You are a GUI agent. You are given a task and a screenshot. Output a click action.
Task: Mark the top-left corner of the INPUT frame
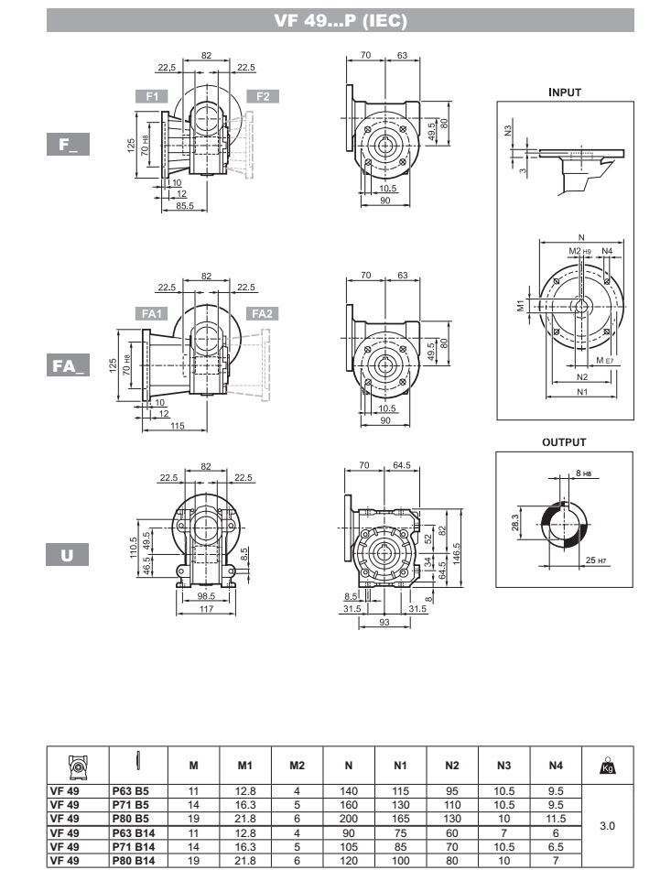point(497,102)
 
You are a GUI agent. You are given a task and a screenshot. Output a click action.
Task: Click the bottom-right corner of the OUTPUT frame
point(633,586)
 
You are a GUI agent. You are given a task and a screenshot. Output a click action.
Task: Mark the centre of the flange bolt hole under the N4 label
point(607,281)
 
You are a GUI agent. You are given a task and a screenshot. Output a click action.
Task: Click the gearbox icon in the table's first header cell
point(78,767)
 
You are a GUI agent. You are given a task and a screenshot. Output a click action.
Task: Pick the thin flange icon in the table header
point(138,761)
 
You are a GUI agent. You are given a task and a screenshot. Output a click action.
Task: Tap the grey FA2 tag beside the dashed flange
point(263,313)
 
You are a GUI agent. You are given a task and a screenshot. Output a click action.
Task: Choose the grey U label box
point(67,555)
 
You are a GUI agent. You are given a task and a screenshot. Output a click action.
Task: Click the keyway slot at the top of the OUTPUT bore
point(564,505)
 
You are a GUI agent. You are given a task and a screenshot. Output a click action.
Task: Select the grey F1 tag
point(151,96)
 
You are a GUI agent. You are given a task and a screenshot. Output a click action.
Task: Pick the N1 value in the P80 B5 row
point(400,819)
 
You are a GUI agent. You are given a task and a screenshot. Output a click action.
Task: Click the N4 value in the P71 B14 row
point(556,847)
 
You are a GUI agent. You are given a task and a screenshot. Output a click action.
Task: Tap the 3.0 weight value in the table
point(607,826)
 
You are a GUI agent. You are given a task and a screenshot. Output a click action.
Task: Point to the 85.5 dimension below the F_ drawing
point(185,206)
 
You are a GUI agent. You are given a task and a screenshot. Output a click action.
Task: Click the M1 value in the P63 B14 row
point(245,832)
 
